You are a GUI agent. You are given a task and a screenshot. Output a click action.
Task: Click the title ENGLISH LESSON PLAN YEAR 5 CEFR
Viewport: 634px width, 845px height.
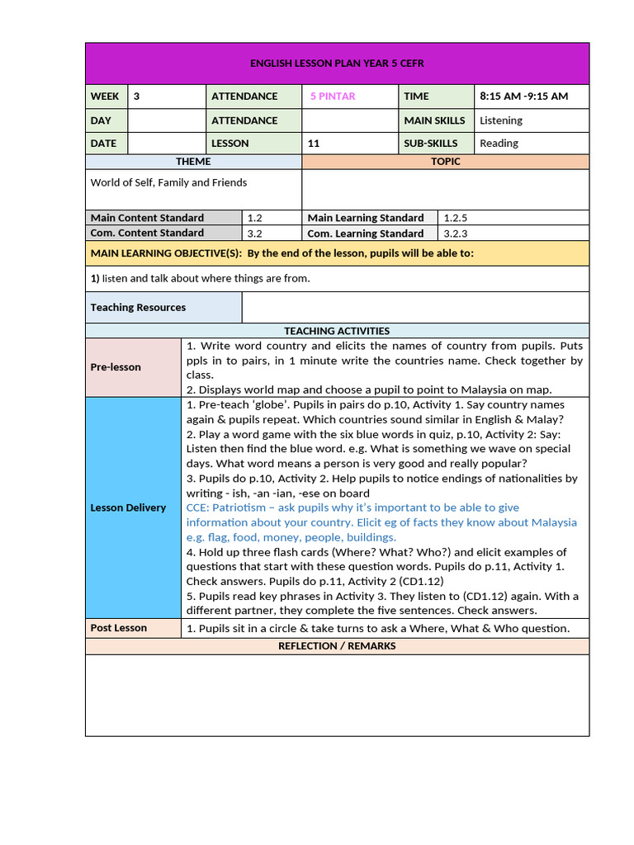coord(337,64)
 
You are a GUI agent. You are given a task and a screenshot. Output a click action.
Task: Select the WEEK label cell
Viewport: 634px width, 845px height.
coord(105,96)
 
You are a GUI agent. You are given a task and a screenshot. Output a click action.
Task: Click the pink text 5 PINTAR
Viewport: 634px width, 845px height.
coord(333,96)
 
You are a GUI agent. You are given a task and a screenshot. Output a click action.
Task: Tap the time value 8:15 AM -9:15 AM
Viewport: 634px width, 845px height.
coord(523,96)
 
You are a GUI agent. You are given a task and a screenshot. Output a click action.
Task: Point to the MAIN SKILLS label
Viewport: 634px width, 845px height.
coord(434,120)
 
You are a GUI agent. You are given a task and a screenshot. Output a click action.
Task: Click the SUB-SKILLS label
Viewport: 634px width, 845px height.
coord(430,143)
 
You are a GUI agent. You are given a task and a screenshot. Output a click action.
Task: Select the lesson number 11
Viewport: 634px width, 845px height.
coord(314,143)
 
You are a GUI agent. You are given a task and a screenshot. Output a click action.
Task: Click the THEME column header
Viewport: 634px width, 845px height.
coord(193,162)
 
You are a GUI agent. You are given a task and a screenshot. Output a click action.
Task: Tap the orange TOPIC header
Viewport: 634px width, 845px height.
coord(445,162)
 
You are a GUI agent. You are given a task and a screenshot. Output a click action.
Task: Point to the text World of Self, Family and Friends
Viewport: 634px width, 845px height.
coord(168,182)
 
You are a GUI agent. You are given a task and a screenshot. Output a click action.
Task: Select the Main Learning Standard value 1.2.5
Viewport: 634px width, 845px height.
coord(456,218)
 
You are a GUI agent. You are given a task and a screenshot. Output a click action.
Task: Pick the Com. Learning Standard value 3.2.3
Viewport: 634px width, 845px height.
coord(456,234)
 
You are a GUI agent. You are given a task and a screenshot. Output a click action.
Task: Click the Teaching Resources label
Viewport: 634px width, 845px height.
coord(138,307)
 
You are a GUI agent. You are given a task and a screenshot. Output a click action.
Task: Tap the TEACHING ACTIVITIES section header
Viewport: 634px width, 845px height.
coord(337,331)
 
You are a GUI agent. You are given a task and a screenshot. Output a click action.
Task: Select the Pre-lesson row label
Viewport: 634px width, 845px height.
coord(116,366)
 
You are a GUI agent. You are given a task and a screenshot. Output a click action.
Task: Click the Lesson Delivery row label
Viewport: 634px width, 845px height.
coord(128,507)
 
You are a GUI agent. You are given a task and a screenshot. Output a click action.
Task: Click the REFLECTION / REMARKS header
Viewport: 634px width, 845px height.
coord(337,646)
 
